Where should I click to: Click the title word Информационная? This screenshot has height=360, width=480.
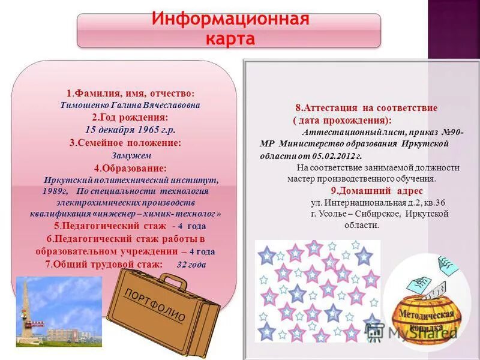230,20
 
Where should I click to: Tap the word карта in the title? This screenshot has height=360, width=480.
230,38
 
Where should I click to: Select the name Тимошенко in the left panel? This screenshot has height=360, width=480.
85,105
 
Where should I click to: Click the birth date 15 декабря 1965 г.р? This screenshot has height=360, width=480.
130,129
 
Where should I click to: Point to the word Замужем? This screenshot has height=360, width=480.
127,155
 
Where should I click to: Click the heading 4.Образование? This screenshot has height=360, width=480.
130,168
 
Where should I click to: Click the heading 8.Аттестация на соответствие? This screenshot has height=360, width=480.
366,108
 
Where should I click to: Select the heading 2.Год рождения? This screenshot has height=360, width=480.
130,117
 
